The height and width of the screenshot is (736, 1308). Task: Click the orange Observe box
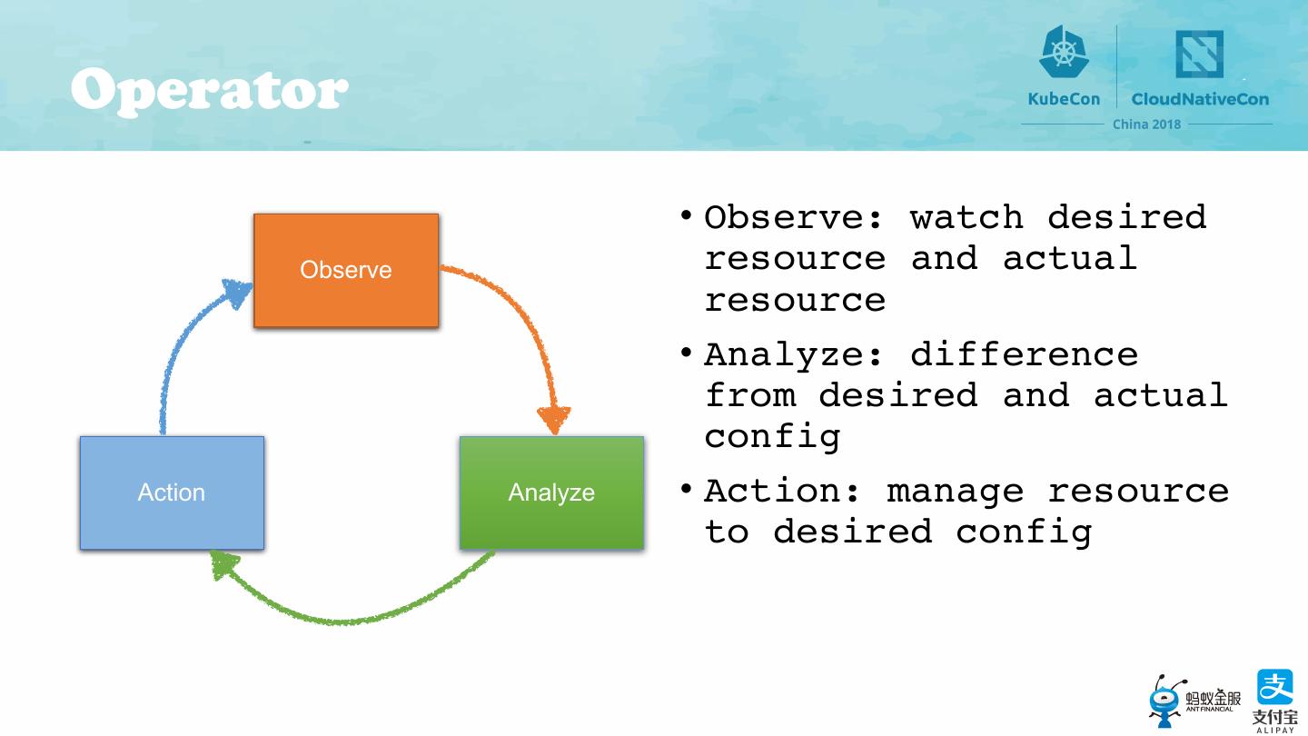point(346,270)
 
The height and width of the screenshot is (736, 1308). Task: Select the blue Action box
point(172,492)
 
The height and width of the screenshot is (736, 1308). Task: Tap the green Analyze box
point(551,492)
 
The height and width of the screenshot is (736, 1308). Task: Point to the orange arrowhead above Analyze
point(554,420)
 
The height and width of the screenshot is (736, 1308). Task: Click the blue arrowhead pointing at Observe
point(237,293)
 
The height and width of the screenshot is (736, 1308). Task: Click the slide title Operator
point(209,91)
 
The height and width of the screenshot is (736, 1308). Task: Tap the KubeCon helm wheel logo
point(1064,53)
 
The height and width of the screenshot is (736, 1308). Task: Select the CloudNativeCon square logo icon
point(1199,55)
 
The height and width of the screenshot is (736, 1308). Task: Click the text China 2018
point(1146,124)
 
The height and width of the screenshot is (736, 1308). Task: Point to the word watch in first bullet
point(966,217)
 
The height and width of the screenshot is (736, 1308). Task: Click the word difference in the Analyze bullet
point(1024,354)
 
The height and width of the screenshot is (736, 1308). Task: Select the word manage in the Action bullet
point(955,492)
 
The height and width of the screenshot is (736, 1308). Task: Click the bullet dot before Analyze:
point(688,352)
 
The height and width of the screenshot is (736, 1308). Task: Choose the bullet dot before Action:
point(688,489)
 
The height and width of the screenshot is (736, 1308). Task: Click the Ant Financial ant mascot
point(1166,700)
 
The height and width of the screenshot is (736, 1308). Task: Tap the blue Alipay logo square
point(1274,687)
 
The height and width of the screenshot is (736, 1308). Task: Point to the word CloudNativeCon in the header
point(1200,99)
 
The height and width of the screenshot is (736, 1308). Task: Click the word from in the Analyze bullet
point(749,395)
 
